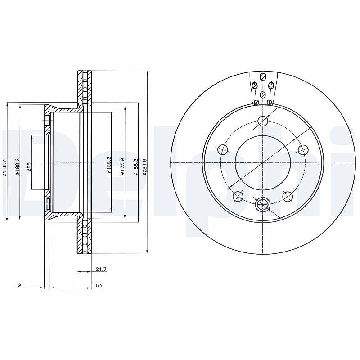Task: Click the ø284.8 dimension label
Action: pos(144,167)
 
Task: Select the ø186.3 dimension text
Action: pos(136,167)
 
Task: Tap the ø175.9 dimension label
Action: pos(122,166)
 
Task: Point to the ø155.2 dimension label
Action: pos(109,165)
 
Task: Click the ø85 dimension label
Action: pos(29,167)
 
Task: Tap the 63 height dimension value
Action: pos(99,285)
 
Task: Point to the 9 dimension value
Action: pos(19,285)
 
